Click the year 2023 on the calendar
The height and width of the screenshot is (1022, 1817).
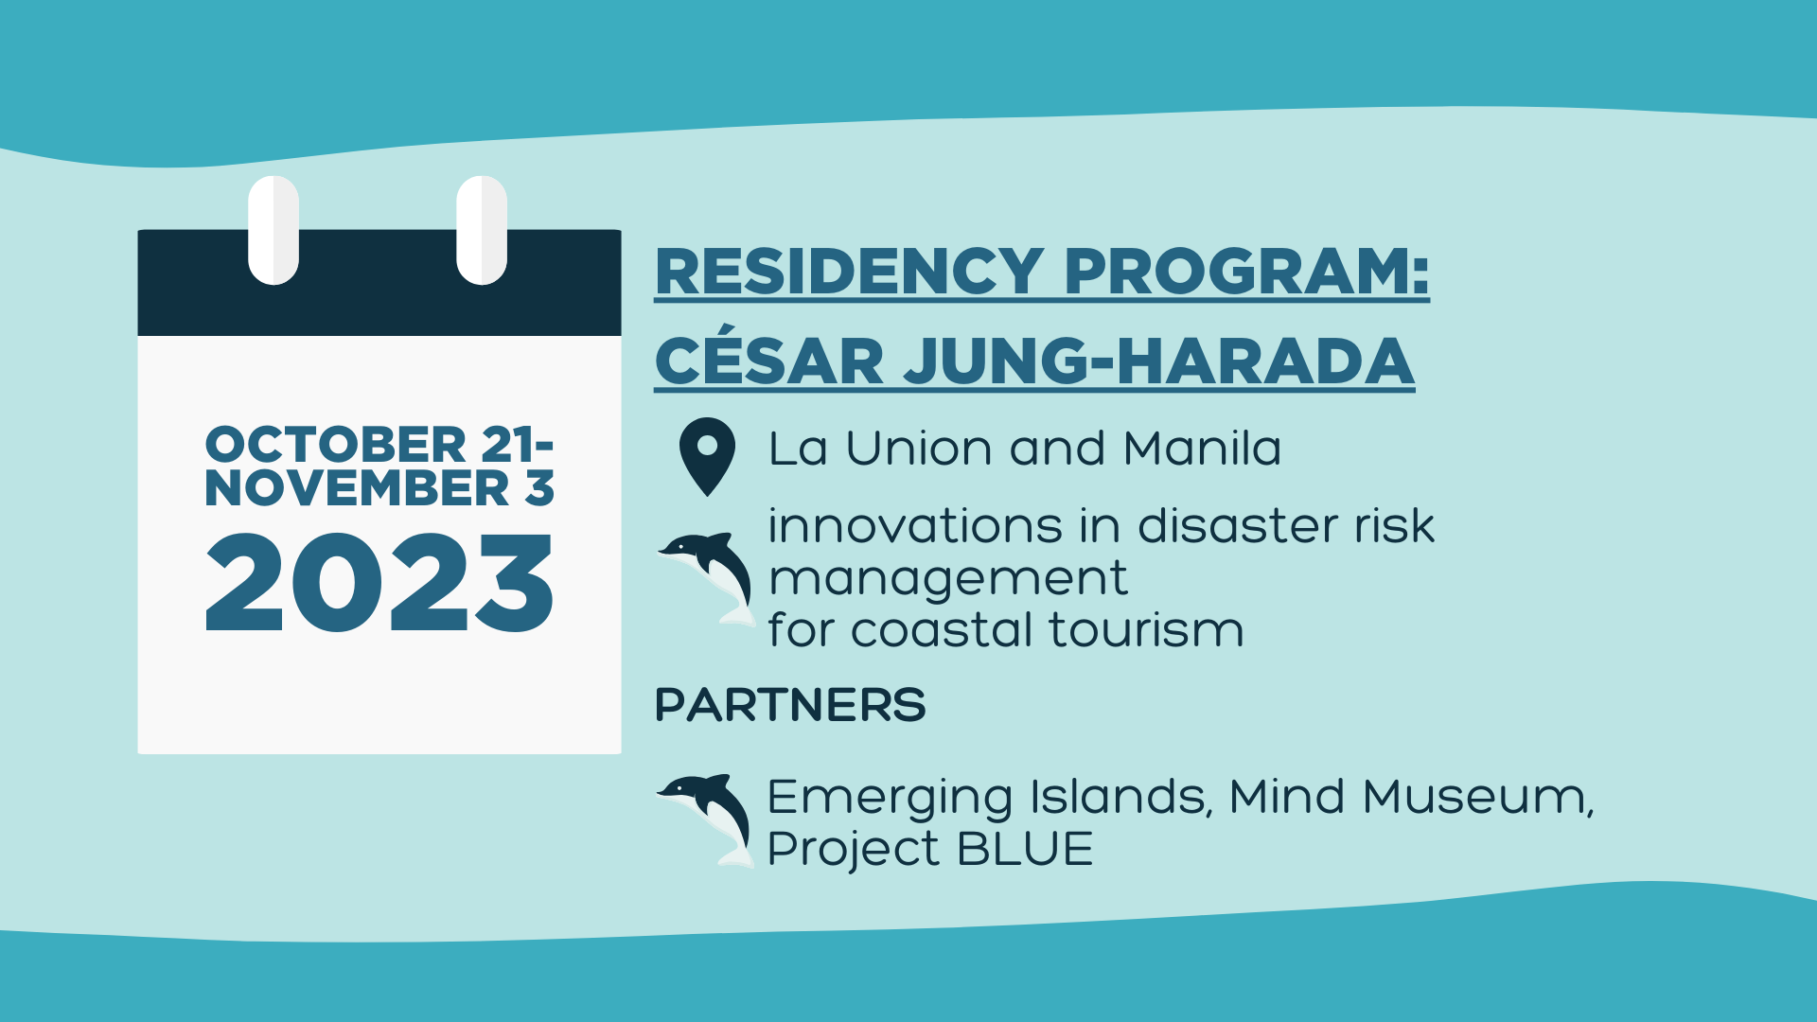[x=379, y=583]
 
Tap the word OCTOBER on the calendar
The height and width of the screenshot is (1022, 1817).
[x=336, y=445]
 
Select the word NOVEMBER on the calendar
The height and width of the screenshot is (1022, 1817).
[x=357, y=488]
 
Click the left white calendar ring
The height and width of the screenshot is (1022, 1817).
[x=273, y=230]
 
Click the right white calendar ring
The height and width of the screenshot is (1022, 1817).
[x=482, y=230]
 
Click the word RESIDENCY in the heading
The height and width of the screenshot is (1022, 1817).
[x=849, y=273]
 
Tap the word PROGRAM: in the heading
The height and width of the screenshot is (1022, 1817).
[x=1246, y=273]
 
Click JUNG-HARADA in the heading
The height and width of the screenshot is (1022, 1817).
[x=1159, y=361]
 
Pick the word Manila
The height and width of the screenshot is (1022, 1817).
[x=1202, y=449]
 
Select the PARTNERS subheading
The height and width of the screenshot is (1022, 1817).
[x=790, y=705]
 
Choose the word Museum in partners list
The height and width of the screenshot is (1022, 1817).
[x=1477, y=797]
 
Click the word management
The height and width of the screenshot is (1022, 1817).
[x=948, y=579]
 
